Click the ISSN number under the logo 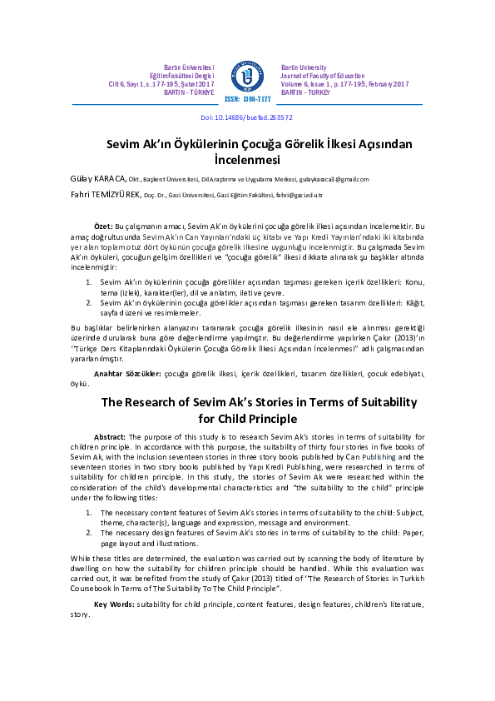tap(247, 99)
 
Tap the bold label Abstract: tap(110, 437)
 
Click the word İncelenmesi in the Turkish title tap(247, 158)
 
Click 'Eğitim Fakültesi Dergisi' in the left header tap(181, 76)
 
